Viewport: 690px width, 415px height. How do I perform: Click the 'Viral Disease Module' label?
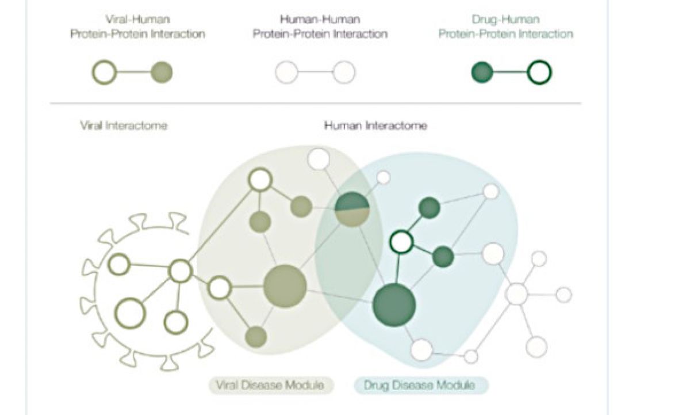(x=270, y=385)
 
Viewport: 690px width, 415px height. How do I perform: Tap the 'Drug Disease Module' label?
(x=419, y=385)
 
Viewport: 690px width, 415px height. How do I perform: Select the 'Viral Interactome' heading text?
(x=124, y=125)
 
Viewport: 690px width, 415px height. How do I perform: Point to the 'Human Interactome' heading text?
(x=375, y=125)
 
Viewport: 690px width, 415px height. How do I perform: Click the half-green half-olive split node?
(x=352, y=209)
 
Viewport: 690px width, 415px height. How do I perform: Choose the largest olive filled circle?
(x=285, y=286)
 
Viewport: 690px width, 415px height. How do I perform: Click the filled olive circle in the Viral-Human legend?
(x=162, y=73)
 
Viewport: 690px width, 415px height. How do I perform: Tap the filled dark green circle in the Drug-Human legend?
(x=482, y=73)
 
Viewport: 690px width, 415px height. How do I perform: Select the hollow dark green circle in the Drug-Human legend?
(x=539, y=73)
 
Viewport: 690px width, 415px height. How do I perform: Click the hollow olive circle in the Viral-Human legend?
(x=105, y=73)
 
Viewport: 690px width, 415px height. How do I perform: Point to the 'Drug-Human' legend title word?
(x=505, y=20)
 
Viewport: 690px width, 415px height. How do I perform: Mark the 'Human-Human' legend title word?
(x=320, y=20)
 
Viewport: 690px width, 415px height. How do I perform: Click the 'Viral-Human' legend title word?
(x=137, y=20)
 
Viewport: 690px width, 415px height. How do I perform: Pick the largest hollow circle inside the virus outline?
(x=130, y=313)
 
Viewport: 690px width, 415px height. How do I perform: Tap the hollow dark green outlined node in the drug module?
(x=401, y=242)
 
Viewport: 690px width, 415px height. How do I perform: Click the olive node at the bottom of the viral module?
(x=255, y=337)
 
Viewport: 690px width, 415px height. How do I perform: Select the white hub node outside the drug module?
(x=517, y=294)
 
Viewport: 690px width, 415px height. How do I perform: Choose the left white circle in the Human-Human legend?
(x=286, y=73)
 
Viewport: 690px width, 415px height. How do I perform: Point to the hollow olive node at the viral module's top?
(x=260, y=179)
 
